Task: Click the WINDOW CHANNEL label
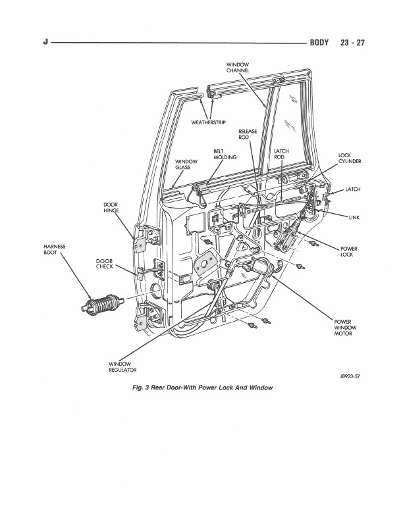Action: pyautogui.click(x=238, y=68)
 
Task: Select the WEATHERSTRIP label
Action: pyautogui.click(x=208, y=122)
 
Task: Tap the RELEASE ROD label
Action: pyautogui.click(x=248, y=134)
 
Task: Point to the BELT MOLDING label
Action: pyautogui.click(x=225, y=154)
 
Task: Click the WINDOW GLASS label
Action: pyautogui.click(x=186, y=164)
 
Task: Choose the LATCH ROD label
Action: pyautogui.click(x=281, y=154)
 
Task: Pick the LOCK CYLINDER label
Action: pyautogui.click(x=350, y=158)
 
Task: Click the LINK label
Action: pyautogui.click(x=354, y=218)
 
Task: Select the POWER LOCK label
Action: pyautogui.click(x=349, y=251)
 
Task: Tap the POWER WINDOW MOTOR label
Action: pyautogui.click(x=345, y=328)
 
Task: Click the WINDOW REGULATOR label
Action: pyautogui.click(x=122, y=367)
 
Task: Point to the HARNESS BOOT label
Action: pyautogui.click(x=54, y=249)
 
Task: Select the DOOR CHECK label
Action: pyautogui.click(x=105, y=264)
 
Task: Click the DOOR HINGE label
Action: pyautogui.click(x=111, y=208)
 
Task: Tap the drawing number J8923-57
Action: pyautogui.click(x=350, y=376)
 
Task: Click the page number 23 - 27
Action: pyautogui.click(x=352, y=43)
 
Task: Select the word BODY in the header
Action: pyautogui.click(x=319, y=43)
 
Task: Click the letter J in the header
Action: pyautogui.click(x=45, y=42)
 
